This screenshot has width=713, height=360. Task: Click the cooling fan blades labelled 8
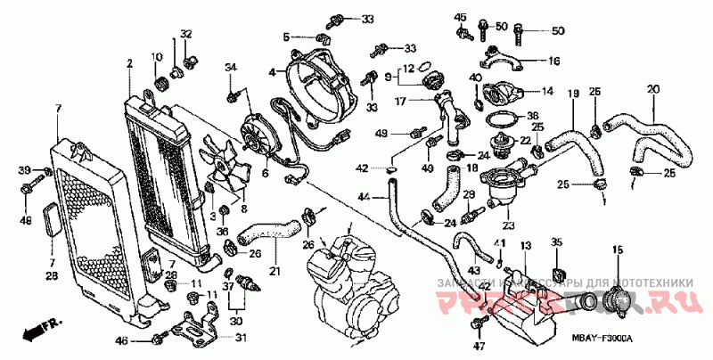tap(224, 170)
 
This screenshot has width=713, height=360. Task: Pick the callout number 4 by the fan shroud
tap(272, 70)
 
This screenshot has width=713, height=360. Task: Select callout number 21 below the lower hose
tap(275, 271)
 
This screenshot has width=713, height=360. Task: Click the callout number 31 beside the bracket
tap(241, 336)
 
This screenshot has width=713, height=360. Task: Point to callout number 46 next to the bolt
tap(123, 341)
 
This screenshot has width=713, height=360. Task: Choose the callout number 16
tap(553, 61)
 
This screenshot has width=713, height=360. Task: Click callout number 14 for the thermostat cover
tap(547, 91)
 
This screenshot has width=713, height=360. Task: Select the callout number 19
tap(574, 94)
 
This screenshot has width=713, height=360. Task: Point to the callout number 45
tap(460, 18)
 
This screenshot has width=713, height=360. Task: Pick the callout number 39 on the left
tap(25, 169)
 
